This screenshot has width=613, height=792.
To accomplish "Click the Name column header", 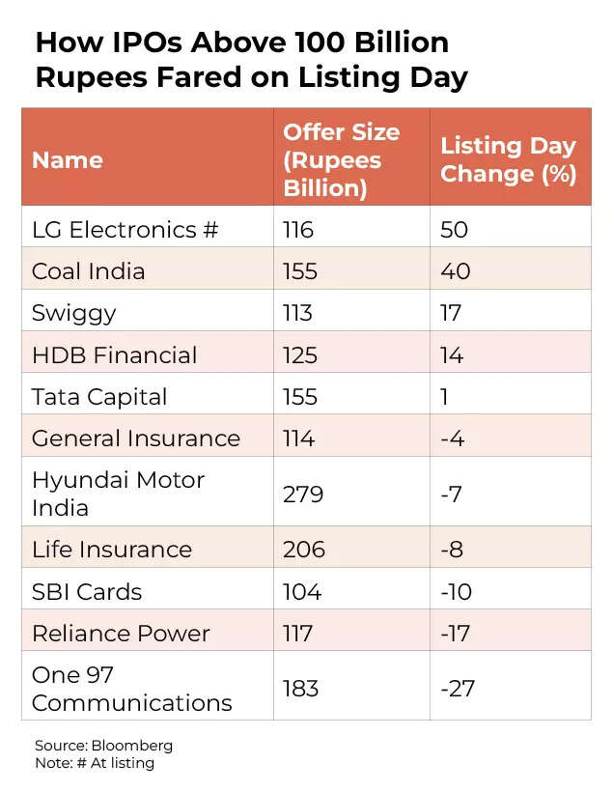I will tap(68, 160).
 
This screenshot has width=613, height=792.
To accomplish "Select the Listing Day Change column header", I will tap(508, 160).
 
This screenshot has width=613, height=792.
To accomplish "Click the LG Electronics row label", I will tap(125, 230).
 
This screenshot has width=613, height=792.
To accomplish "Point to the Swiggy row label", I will tap(73, 313).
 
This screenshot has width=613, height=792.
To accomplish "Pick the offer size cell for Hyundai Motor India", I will tap(303, 495).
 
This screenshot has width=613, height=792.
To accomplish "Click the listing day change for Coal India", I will tap(456, 271).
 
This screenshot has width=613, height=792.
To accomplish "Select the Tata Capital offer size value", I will tap(300, 396).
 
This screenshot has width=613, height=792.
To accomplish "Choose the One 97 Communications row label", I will tap(131, 689).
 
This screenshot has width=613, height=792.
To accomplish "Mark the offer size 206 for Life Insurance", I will tap(304, 550).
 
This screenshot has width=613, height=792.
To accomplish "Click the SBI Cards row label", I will tap(87, 591).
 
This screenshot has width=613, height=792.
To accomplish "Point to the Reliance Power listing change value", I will tap(457, 634).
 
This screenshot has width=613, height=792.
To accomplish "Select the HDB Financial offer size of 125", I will tap(300, 354).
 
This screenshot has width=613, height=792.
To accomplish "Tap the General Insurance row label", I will tap(136, 438).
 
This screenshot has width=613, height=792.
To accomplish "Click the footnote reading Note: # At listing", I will tap(94, 763).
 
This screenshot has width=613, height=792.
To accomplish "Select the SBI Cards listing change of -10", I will tap(458, 591).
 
